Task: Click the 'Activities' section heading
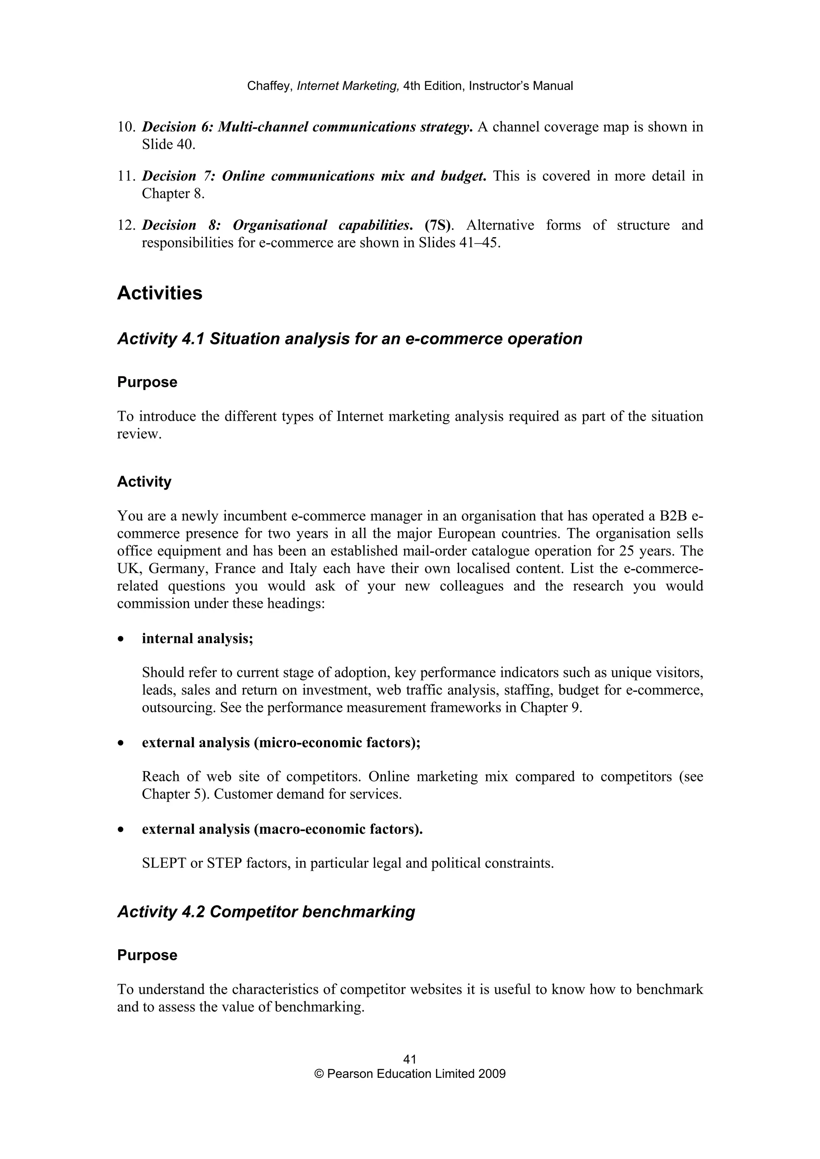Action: tap(160, 293)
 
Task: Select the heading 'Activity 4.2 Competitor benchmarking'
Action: tap(266, 912)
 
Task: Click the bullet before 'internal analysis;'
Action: tap(120, 639)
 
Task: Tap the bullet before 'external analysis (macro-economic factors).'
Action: tap(120, 830)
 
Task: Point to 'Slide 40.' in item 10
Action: tap(168, 145)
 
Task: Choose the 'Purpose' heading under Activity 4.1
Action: tap(147, 382)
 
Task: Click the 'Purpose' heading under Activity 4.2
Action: tap(147, 955)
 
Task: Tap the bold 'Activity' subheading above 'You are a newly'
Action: tap(144, 482)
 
